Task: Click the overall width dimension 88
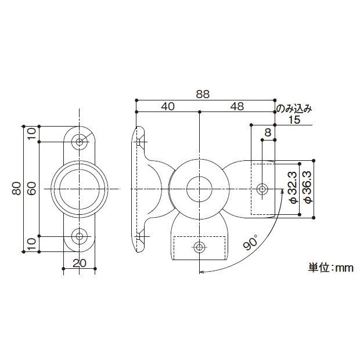tap(202, 93)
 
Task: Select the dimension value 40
tap(168, 106)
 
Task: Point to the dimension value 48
tap(237, 106)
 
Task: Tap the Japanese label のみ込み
tap(294, 108)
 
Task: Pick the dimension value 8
tap(268, 132)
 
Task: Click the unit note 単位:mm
tap(330, 268)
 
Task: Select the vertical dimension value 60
tap(32, 188)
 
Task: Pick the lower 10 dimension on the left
tap(32, 243)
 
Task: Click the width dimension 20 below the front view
tap(80, 262)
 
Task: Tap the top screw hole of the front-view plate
tap(79, 141)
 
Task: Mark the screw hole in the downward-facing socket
tap(199, 247)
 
